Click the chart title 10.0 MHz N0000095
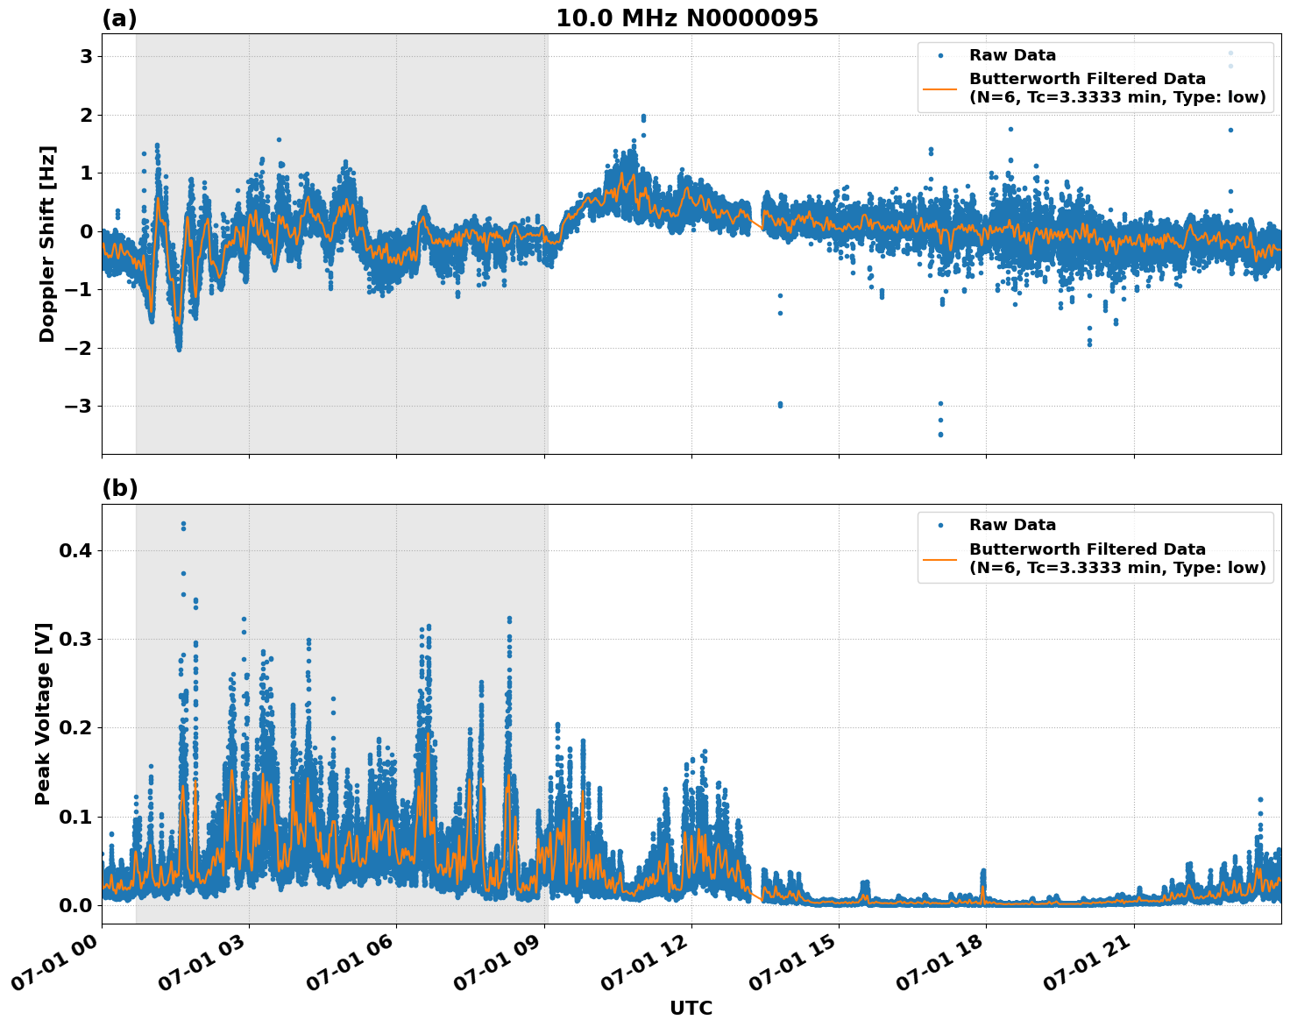(x=687, y=18)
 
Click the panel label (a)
(x=119, y=18)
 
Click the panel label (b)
(x=119, y=488)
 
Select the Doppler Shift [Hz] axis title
(x=47, y=244)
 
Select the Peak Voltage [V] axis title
(x=43, y=713)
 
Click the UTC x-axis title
(x=691, y=1008)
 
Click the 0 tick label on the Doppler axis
(x=87, y=231)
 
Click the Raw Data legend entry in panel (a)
(x=1012, y=55)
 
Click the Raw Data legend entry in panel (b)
(x=1012, y=525)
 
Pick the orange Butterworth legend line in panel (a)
(x=940, y=89)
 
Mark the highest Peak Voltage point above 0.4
(x=183, y=524)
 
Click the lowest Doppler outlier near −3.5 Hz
(x=940, y=434)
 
